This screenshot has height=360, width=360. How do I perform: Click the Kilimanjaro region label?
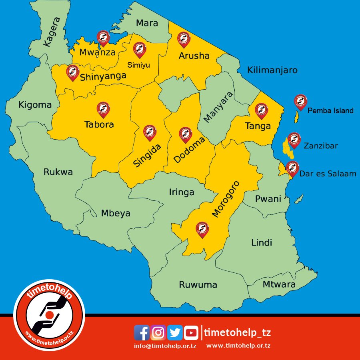[272, 70]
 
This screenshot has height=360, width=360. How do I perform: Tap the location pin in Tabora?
[103, 109]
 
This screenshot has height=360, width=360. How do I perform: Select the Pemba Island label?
[330, 111]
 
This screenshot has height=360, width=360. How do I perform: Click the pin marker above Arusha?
[184, 40]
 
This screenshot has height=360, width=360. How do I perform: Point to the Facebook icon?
[142, 332]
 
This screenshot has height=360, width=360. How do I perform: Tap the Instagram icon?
[159, 332]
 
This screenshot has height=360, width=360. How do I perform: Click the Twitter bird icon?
[175, 332]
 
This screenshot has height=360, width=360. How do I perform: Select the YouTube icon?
[191, 332]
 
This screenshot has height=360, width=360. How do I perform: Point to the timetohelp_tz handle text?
[237, 332]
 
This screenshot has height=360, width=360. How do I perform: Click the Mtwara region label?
[279, 284]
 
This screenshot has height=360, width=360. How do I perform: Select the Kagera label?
[52, 32]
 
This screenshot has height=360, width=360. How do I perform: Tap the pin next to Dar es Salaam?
[292, 168]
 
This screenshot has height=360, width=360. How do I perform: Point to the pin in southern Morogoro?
[202, 230]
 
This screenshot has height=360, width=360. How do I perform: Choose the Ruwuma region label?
[198, 285]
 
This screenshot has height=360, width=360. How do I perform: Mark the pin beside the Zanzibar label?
[294, 140]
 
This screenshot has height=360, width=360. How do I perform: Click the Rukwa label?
[58, 172]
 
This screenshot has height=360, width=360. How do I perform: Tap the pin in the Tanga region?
[261, 110]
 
